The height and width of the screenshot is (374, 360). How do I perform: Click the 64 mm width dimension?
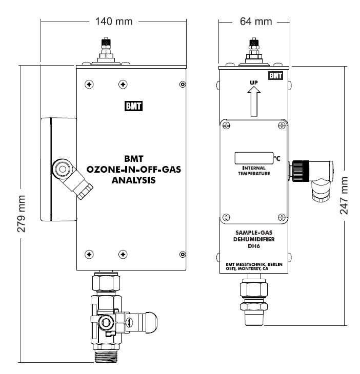pyautogui.click(x=255, y=22)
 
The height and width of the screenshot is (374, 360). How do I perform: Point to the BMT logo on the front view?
pyautogui.click(x=134, y=107)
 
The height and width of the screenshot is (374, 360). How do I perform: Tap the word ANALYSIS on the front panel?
pyautogui.click(x=134, y=180)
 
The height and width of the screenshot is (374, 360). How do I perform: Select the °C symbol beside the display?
pyautogui.click(x=277, y=158)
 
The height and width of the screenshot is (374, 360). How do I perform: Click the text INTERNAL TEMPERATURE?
pyautogui.click(x=253, y=170)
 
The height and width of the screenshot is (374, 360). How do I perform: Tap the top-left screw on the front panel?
pyautogui.click(x=90, y=84)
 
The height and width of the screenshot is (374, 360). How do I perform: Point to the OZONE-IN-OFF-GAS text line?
pyautogui.click(x=134, y=170)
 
